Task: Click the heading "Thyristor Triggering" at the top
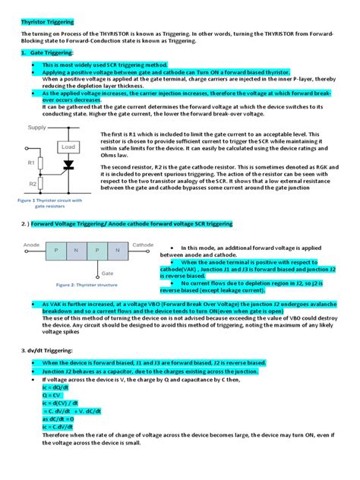(x=48, y=23)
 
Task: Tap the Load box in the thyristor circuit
(x=68, y=147)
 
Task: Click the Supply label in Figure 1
(x=37, y=128)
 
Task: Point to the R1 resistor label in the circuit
(x=31, y=162)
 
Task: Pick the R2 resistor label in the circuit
(x=31, y=184)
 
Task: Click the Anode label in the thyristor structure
(x=31, y=245)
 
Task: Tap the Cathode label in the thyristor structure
(x=143, y=245)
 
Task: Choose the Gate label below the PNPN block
(x=108, y=272)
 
